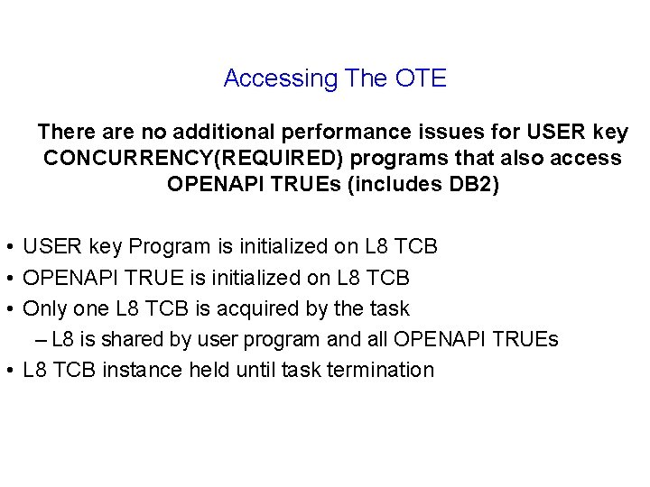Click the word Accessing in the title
click(x=280, y=78)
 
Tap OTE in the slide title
click(x=421, y=78)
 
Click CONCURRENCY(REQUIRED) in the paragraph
click(x=190, y=159)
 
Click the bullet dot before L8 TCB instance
click(x=6, y=371)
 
